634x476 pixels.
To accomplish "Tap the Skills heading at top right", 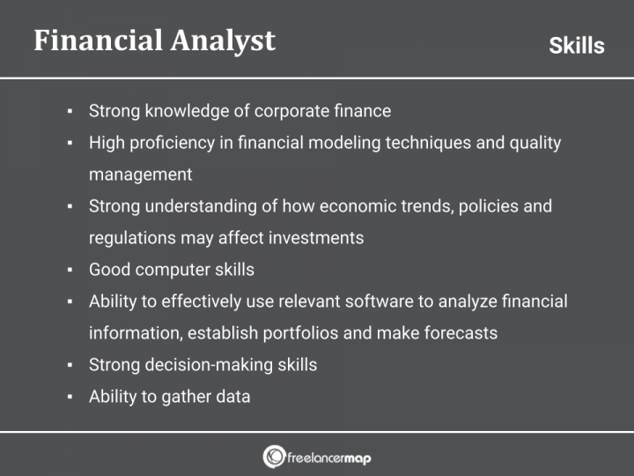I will [576, 46].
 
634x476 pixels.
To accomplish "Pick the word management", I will [140, 175].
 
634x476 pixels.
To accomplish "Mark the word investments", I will [313, 238].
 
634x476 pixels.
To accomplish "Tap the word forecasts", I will [460, 333].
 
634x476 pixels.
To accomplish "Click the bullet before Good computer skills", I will [70, 271].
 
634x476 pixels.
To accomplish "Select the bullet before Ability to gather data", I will [70, 398].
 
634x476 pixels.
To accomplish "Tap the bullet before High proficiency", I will [70, 144].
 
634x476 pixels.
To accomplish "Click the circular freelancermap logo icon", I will [273, 457].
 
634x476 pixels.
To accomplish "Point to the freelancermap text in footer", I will [329, 457].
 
